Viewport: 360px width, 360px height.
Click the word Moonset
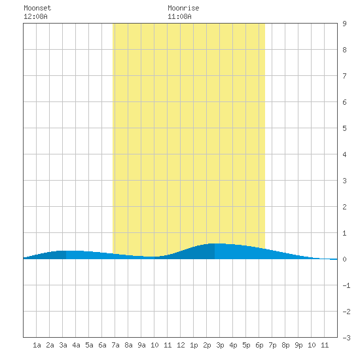tap(37, 8)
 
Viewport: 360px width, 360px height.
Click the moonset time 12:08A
tap(35, 16)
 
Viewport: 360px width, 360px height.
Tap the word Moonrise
tap(183, 8)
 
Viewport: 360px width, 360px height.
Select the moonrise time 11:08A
tap(179, 16)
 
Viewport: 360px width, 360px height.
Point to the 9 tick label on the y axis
tap(344, 24)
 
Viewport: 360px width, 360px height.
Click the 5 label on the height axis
tap(344, 128)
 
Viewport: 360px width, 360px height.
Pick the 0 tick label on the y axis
tap(344, 259)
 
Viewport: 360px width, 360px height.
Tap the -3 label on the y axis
tap(346, 338)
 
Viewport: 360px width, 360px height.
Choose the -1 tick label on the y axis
tap(346, 285)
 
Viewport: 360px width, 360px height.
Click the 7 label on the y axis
tap(344, 76)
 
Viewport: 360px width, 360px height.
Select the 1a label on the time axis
tap(37, 345)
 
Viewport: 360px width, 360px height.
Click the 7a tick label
tap(115, 345)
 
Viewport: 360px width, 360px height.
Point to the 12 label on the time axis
tap(181, 345)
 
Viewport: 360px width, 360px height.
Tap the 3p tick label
tap(220, 345)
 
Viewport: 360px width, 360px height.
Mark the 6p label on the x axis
tap(259, 345)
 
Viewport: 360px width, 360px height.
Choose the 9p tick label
tap(298, 345)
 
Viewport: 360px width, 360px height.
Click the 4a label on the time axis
tap(76, 345)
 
